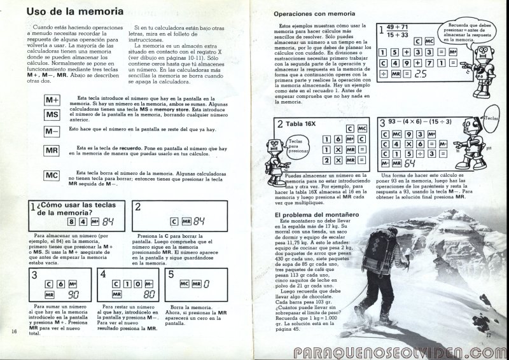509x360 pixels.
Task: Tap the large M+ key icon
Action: point(52,100)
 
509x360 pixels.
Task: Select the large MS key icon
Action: point(52,114)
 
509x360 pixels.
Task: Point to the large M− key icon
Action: point(52,132)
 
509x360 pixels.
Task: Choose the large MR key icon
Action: point(52,151)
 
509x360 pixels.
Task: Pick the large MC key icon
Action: point(52,175)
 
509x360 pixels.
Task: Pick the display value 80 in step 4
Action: point(149,295)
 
